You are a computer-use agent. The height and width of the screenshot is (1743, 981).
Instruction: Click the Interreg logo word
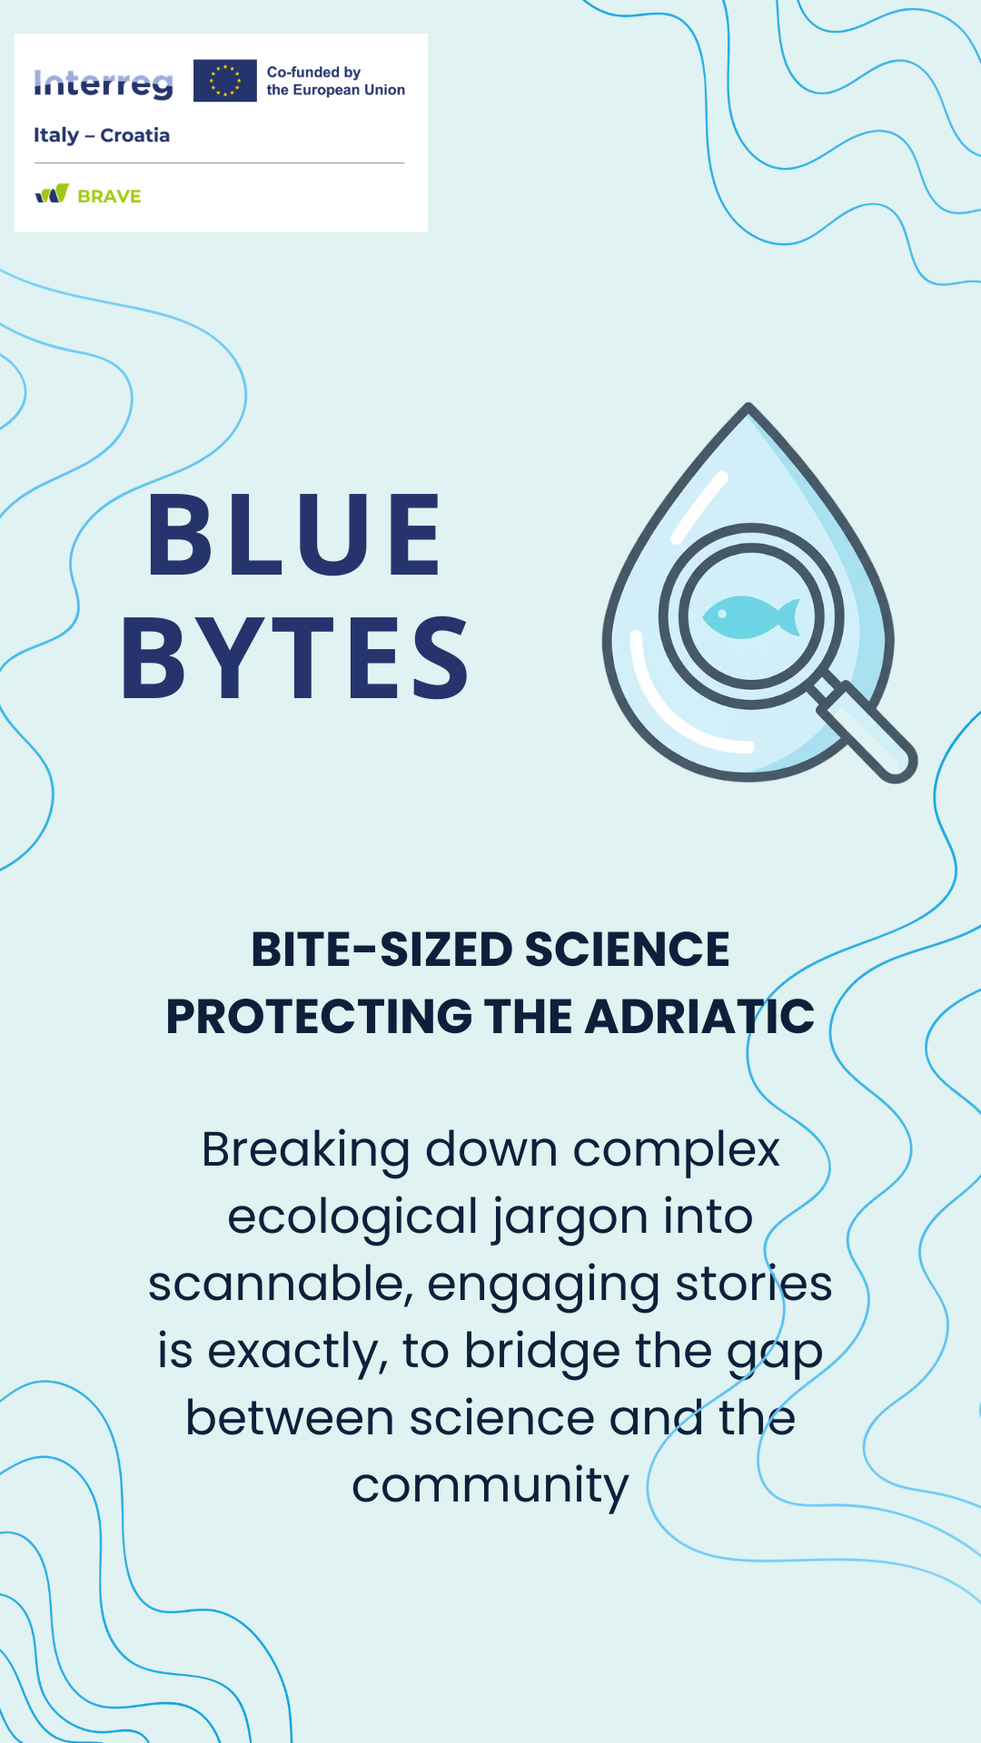(x=104, y=84)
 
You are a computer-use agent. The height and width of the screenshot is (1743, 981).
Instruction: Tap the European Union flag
(x=225, y=81)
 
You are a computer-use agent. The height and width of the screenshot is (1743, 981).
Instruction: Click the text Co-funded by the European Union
(x=335, y=81)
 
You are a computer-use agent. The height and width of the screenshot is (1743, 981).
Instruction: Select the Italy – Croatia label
(x=102, y=135)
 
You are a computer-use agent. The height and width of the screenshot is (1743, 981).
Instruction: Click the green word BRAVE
(x=109, y=196)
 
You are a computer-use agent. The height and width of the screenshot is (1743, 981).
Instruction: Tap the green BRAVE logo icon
(x=53, y=193)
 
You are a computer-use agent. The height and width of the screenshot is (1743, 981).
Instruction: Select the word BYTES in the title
(x=295, y=658)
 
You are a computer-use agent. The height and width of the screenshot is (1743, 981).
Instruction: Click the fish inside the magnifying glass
(x=751, y=617)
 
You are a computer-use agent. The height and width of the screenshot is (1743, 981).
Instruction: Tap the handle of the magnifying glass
(x=862, y=730)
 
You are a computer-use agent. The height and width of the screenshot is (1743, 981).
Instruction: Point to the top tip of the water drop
(x=748, y=405)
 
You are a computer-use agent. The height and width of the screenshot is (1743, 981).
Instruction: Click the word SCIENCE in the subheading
(x=627, y=950)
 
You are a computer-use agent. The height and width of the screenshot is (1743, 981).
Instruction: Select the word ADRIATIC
(x=699, y=1017)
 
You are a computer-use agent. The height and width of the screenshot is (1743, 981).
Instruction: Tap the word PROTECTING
(x=320, y=1017)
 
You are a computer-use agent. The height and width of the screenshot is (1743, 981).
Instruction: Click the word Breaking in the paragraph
(x=306, y=1151)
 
